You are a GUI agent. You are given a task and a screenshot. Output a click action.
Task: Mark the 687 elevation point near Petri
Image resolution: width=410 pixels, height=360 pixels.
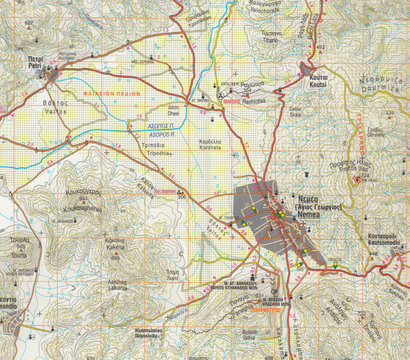coord(28,24)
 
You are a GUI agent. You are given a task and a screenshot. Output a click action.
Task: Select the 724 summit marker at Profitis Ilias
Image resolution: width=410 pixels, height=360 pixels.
coord(358,177)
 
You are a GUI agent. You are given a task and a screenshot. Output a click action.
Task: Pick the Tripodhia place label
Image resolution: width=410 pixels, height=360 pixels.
coord(155,153)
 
